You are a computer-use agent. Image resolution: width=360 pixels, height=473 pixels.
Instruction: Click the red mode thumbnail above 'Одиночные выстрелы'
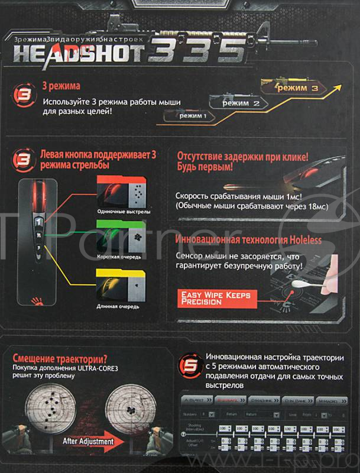pos(119,190)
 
